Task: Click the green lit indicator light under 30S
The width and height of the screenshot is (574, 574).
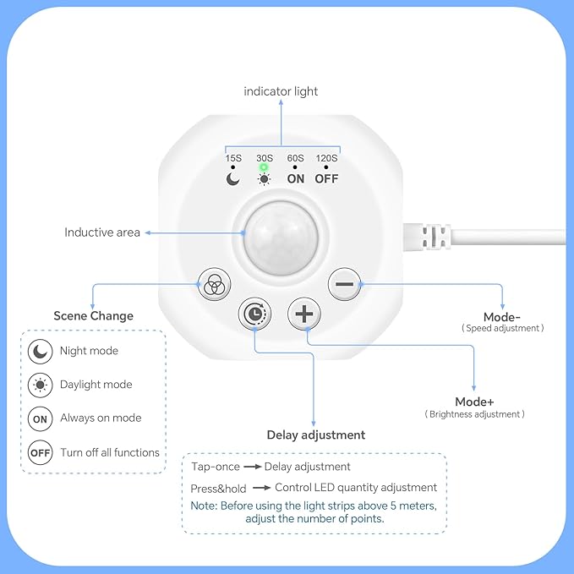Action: [264, 167]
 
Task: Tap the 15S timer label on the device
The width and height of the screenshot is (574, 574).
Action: [233, 158]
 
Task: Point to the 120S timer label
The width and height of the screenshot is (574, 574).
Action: [326, 158]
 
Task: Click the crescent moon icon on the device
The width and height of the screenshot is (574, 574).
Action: [232, 179]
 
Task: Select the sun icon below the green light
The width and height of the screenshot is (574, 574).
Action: [264, 179]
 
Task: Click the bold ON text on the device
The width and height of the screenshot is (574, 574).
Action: [295, 178]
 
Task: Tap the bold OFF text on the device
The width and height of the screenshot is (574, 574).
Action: [326, 178]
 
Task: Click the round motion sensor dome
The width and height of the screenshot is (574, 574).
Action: [281, 238]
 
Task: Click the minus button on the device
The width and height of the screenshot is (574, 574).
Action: [344, 284]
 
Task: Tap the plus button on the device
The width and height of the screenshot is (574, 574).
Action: [304, 314]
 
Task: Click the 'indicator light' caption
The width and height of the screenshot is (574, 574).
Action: [281, 91]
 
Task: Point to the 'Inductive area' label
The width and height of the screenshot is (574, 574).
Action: [102, 232]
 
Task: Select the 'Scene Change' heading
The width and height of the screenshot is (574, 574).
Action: [93, 315]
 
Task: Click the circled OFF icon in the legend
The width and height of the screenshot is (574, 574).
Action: [41, 452]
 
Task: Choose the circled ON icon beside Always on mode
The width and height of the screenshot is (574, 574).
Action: [41, 418]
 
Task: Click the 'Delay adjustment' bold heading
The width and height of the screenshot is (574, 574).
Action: [316, 435]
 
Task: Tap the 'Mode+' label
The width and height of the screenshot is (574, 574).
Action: [474, 402]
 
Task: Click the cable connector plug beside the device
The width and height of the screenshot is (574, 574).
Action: [427, 237]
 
